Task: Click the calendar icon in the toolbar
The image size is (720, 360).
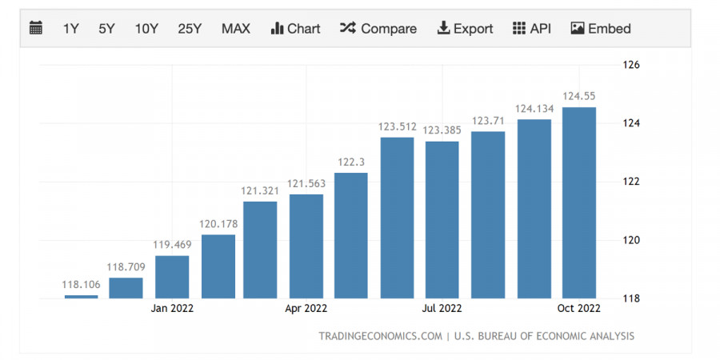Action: tap(36, 29)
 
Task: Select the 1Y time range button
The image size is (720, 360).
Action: tap(71, 29)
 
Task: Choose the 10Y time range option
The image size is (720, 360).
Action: tap(146, 29)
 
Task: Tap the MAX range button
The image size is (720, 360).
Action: tap(236, 29)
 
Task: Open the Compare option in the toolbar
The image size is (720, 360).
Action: tap(378, 29)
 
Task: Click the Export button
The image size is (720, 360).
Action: tap(465, 29)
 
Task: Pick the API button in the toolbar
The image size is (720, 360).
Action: tap(531, 29)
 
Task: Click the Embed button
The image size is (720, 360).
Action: tap(601, 29)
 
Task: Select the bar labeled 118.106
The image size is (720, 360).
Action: tap(82, 296)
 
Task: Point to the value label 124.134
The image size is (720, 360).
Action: tap(534, 109)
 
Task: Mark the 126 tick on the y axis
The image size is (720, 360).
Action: tap(632, 65)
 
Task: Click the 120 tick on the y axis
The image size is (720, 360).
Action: tap(632, 240)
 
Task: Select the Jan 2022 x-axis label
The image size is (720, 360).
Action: tap(173, 308)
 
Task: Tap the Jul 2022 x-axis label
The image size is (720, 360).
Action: tap(442, 308)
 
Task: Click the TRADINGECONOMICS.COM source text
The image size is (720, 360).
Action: tap(380, 336)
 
